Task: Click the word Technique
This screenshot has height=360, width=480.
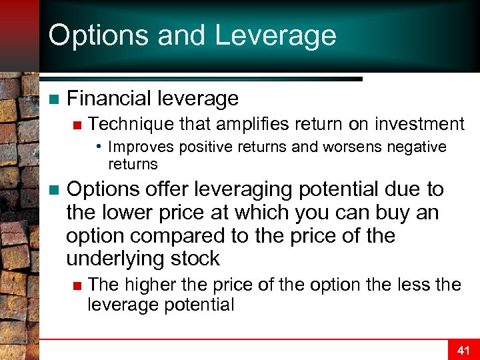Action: tap(125, 124)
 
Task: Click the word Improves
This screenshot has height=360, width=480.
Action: tap(137, 147)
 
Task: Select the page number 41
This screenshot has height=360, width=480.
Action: tap(463, 350)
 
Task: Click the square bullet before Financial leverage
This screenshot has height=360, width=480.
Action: tap(54, 99)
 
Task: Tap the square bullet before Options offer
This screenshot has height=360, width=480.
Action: tap(54, 190)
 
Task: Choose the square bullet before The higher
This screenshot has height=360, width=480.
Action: tap(77, 285)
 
